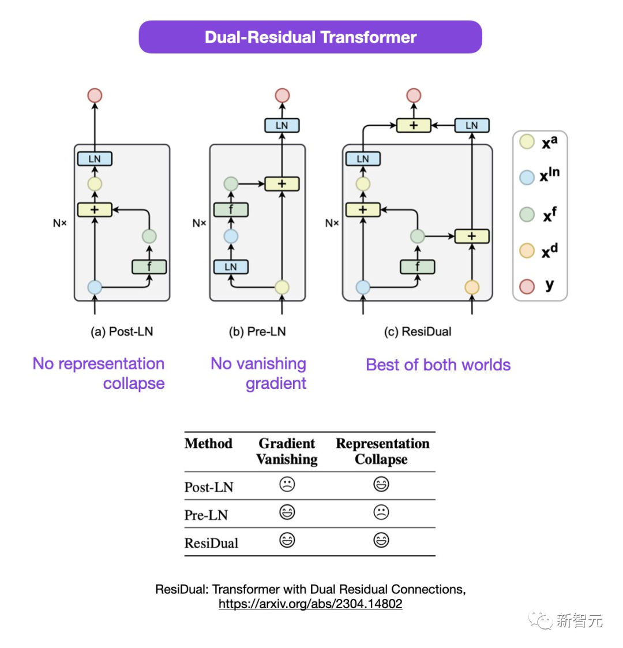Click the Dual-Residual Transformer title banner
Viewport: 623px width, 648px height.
pos(310,38)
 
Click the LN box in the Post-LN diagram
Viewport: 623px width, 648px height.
pos(95,159)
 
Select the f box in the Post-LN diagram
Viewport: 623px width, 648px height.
pos(149,267)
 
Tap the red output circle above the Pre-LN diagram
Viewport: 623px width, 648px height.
pos(282,95)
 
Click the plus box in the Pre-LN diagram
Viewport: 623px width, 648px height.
pos(282,184)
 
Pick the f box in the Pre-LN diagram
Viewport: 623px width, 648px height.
pos(231,209)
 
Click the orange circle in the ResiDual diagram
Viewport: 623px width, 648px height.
pos(472,287)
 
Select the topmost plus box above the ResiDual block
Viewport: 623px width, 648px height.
pos(414,125)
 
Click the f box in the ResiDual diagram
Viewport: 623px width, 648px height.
pos(417,267)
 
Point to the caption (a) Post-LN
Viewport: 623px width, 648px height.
pos(122,332)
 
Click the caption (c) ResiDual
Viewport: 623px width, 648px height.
pos(418,332)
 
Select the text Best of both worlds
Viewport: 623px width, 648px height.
pos(438,365)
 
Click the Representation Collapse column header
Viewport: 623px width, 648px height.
pos(382,451)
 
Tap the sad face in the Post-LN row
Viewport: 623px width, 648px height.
pos(287,484)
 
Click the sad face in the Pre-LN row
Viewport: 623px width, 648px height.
pos(381,512)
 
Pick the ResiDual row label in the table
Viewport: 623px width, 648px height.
pos(211,543)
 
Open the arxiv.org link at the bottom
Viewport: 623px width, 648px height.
pos(310,604)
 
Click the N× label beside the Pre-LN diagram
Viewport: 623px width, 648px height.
pos(200,223)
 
